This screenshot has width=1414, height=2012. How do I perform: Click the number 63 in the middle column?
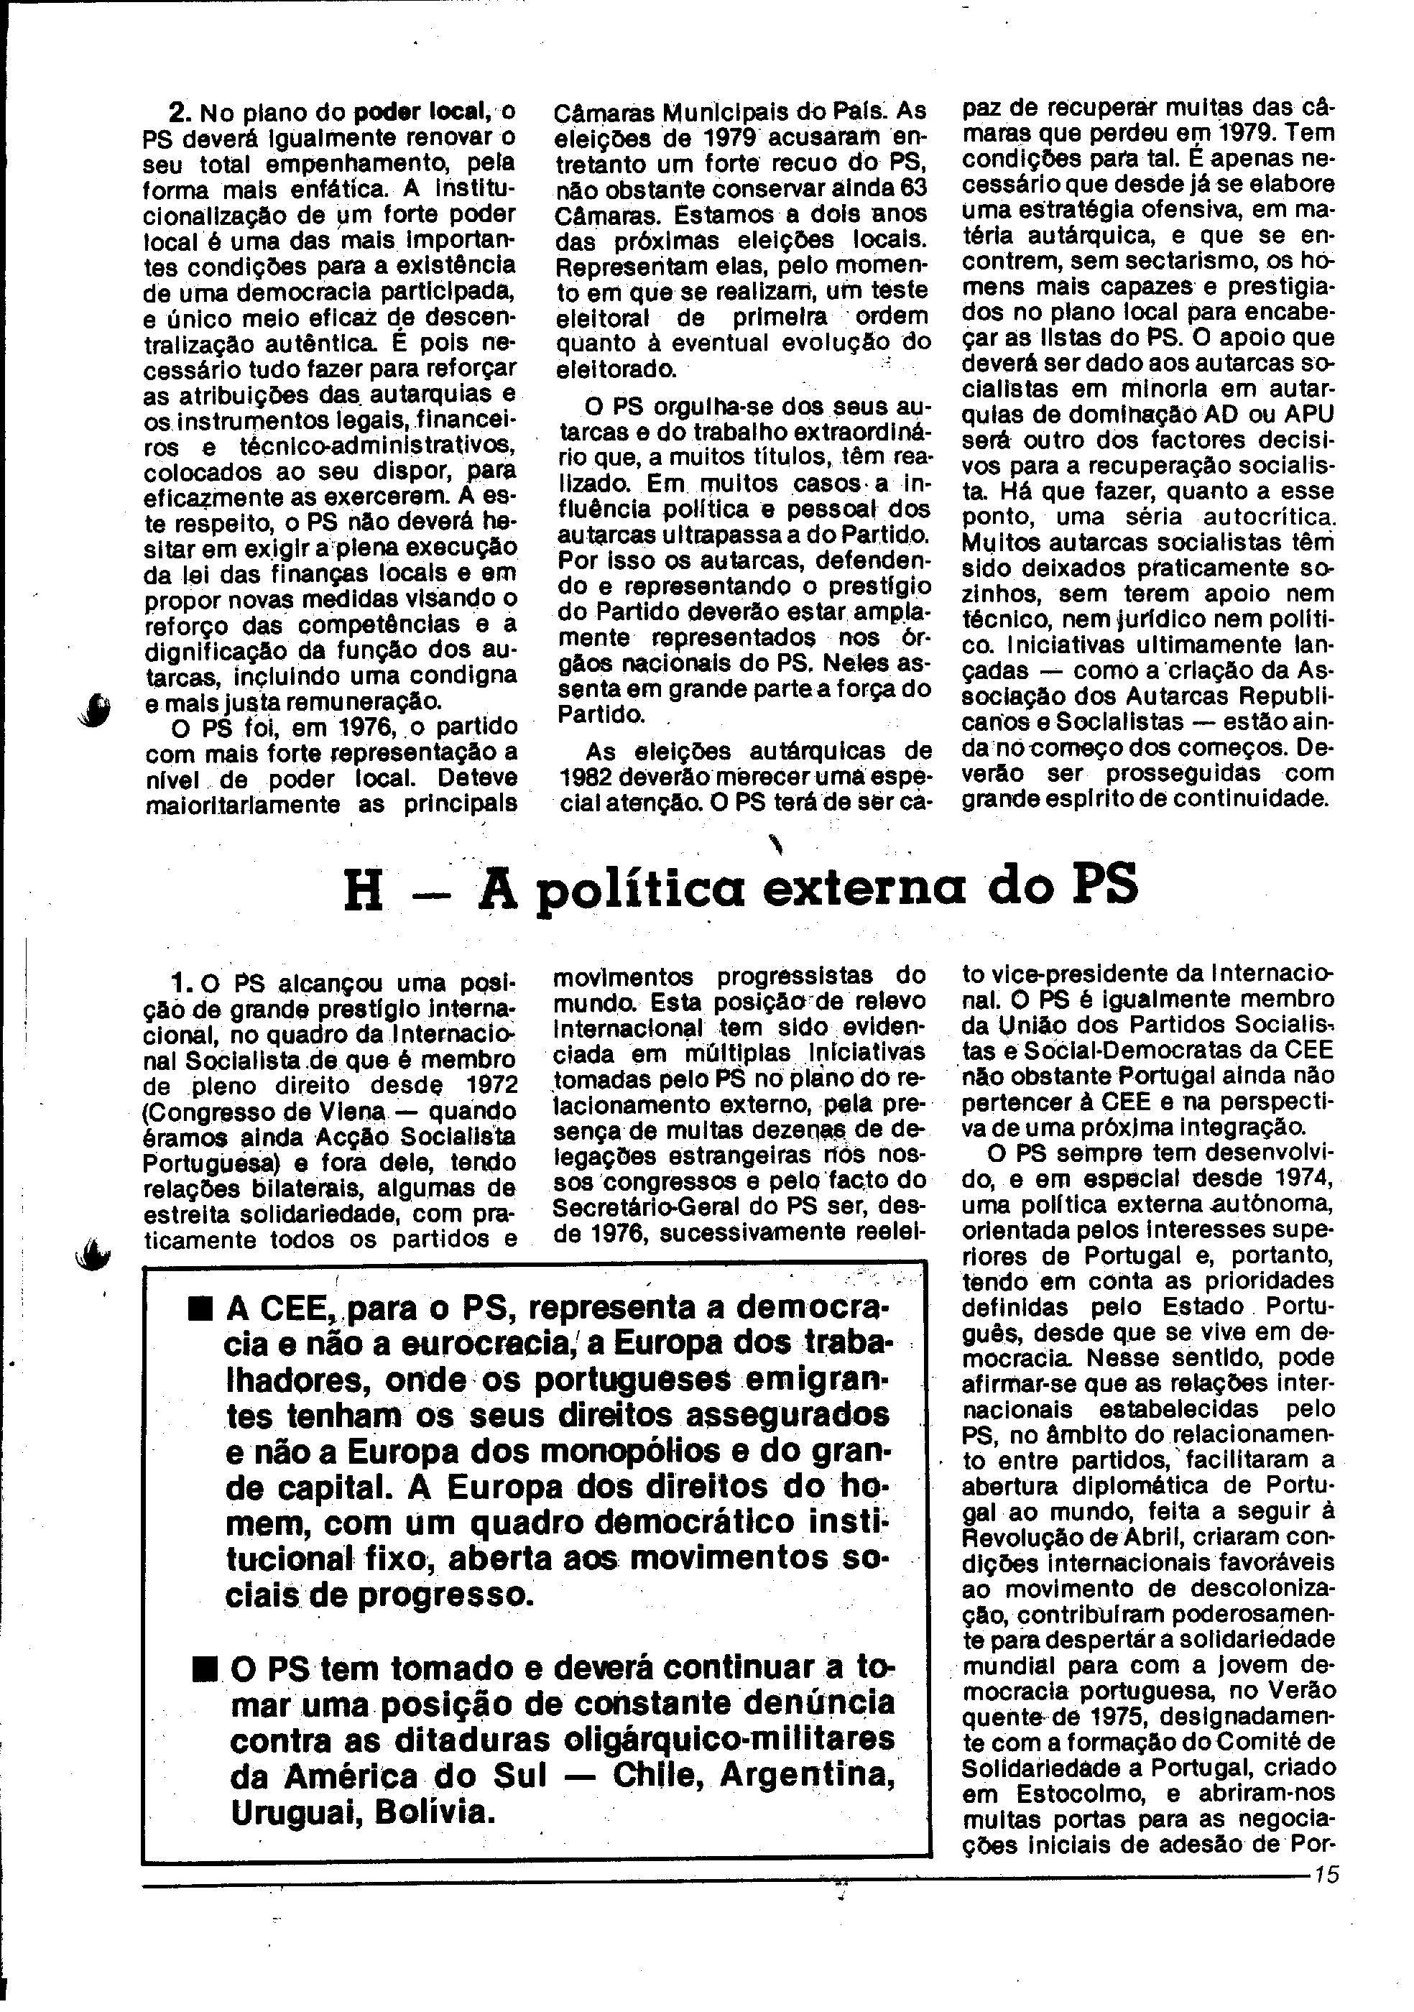click(x=912, y=188)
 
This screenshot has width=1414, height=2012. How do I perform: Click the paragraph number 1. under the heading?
click(x=182, y=982)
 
